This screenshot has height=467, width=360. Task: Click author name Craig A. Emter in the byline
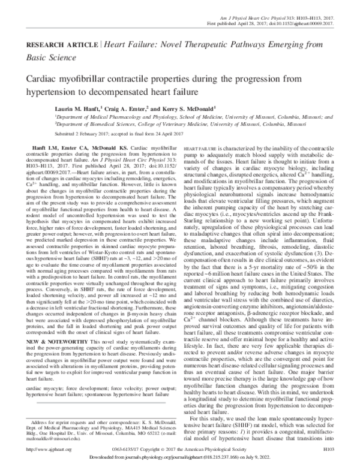(x=129, y=109)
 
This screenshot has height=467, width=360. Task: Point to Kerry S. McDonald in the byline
(x=193, y=109)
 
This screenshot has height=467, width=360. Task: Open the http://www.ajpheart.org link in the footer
(x=42, y=448)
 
